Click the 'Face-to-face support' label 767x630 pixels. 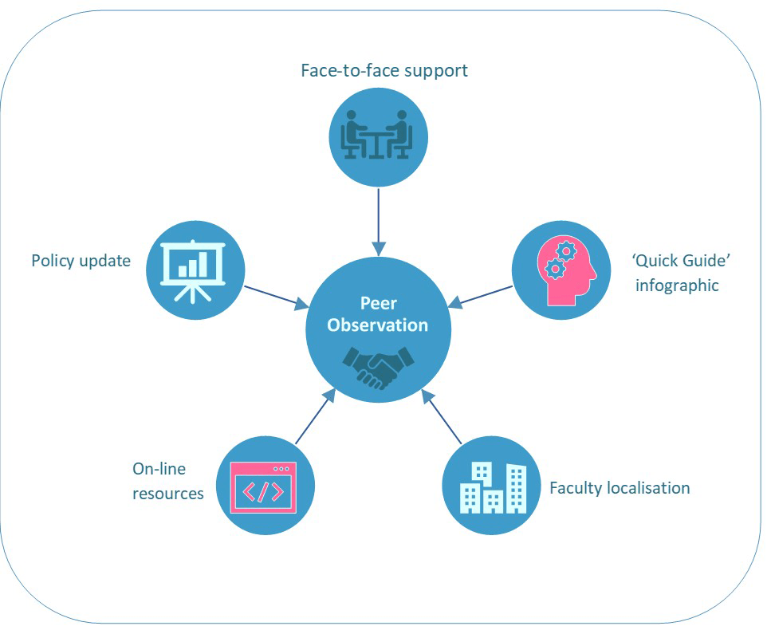point(383,70)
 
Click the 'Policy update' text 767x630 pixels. point(81,261)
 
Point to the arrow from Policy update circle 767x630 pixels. point(276,296)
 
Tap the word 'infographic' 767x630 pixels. point(677,285)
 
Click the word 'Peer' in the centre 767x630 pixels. point(378,305)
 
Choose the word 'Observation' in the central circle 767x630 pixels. point(378,325)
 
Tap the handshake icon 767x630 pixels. point(378,366)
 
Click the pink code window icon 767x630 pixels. point(262,487)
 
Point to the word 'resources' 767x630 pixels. point(167,494)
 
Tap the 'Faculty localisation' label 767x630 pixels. point(619,487)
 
